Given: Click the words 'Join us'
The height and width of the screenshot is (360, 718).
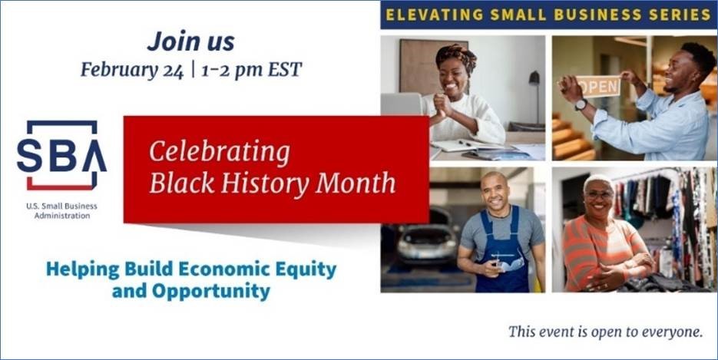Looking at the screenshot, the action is coord(191,41).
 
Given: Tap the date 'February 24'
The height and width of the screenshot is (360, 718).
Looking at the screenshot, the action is coord(132,71).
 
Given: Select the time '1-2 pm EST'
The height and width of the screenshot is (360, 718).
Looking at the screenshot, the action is coord(251,70).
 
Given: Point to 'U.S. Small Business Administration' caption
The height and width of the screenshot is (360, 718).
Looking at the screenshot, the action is coord(62,211).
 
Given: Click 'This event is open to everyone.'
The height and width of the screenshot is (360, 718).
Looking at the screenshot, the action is coord(605,332).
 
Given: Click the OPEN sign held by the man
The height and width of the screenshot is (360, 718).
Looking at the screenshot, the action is coord(597,87).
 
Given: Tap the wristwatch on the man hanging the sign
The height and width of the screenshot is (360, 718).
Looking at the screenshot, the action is coord(581,104).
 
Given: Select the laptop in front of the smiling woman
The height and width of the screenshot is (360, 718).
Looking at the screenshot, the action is coord(402,104).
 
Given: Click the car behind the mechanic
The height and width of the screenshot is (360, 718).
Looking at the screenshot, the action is coord(428,241).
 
